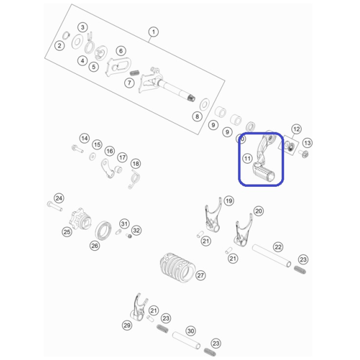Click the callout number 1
point(153,32)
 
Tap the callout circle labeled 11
point(247,158)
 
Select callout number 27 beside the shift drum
point(201,275)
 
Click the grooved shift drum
point(177,267)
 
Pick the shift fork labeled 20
point(244,230)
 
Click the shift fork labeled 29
point(139,307)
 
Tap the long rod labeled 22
point(272,256)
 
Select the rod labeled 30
point(186,341)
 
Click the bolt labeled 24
point(55,206)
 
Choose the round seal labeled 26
point(103,230)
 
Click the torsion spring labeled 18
point(134,179)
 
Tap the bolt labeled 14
point(78,149)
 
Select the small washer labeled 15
point(93,156)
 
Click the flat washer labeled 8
point(204,104)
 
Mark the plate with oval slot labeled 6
point(118,67)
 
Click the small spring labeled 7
point(134,73)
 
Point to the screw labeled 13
point(304,153)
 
